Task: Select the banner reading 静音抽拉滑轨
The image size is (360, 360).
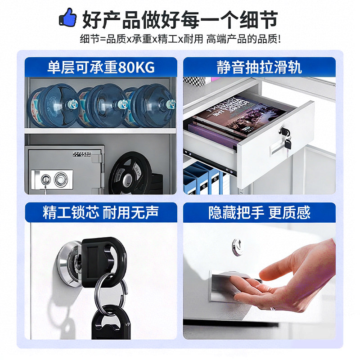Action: coord(259,68)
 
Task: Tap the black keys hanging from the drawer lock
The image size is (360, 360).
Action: coord(287,138)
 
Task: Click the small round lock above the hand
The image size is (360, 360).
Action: coord(237,246)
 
